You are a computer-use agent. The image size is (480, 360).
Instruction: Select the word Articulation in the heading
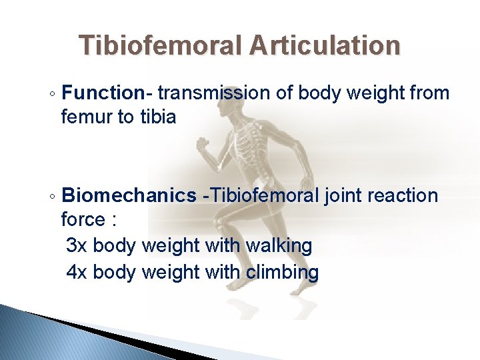pos(325,46)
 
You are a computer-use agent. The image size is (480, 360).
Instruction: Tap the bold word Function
pos(102,93)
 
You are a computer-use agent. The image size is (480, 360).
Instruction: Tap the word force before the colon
pos(83,220)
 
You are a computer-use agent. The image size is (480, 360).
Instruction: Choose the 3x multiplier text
pos(77,245)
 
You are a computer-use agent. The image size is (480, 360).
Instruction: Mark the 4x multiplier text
pos(77,272)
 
